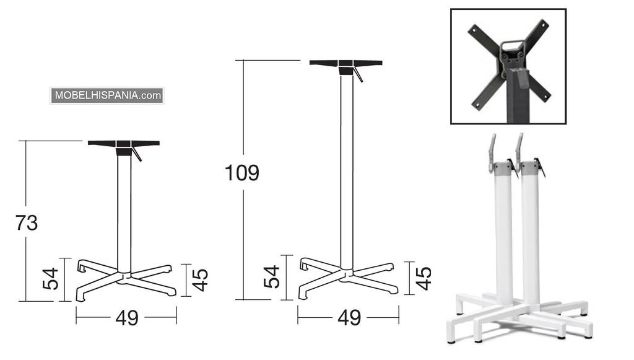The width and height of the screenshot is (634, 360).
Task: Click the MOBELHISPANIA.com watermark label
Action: point(107,95)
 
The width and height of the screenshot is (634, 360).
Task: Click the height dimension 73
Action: point(27,223)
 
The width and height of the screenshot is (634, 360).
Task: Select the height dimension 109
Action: point(242,173)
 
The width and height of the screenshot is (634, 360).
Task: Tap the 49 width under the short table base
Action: point(127,318)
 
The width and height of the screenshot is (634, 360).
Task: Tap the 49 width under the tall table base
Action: point(349,318)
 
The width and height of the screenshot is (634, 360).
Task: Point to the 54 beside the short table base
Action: point(51,279)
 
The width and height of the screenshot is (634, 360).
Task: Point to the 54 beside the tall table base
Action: point(272,277)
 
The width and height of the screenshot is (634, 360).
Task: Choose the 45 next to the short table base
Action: point(200,280)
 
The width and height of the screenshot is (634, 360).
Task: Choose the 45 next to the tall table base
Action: point(423,278)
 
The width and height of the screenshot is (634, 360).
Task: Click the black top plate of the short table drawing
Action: point(124,143)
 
